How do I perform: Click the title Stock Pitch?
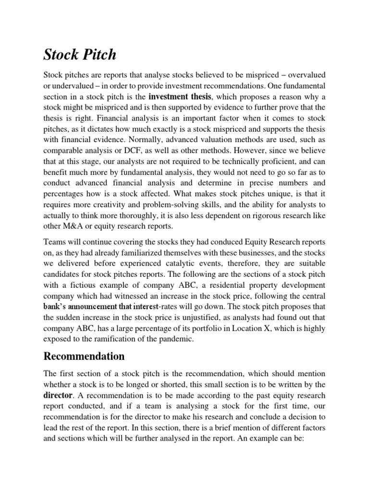point(80,54)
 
